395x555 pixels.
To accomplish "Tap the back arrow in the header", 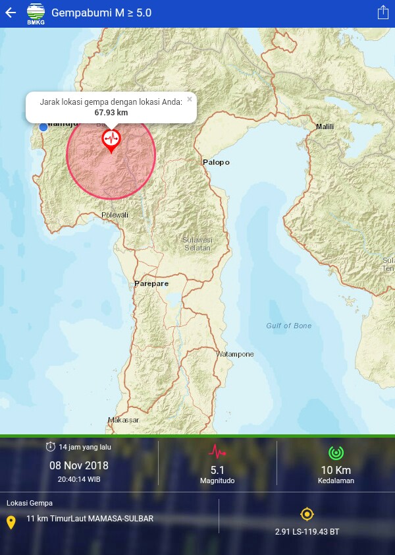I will pyautogui.click(x=11, y=13).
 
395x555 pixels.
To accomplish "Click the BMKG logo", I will pyautogui.click(x=36, y=13).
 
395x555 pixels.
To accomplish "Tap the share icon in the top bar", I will pyautogui.click(x=383, y=13).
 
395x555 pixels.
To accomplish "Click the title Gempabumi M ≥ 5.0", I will pyautogui.click(x=101, y=13).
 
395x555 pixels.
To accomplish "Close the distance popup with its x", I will pyautogui.click(x=190, y=100).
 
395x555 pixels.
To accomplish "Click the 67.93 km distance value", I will pyautogui.click(x=111, y=113).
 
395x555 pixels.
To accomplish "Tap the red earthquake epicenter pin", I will pyautogui.click(x=111, y=139).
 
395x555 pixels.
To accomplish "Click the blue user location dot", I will pyautogui.click(x=43, y=127).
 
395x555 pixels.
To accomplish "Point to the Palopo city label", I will pyautogui.click(x=216, y=162).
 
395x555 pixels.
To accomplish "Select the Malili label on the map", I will pyautogui.click(x=325, y=127).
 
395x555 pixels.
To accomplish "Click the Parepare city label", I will pyautogui.click(x=151, y=283).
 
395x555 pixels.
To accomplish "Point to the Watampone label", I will pyautogui.click(x=235, y=354).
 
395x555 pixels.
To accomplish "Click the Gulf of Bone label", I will pyautogui.click(x=288, y=326).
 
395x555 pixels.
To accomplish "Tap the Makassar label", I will pyautogui.click(x=124, y=420).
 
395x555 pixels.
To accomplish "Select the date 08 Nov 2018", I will pyautogui.click(x=79, y=465).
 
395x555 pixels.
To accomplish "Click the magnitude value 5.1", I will pyautogui.click(x=217, y=470).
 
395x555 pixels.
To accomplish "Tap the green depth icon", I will pyautogui.click(x=336, y=453).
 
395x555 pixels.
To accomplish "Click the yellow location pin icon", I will pyautogui.click(x=11, y=523).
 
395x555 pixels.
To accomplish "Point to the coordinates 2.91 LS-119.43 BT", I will pyautogui.click(x=307, y=531).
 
